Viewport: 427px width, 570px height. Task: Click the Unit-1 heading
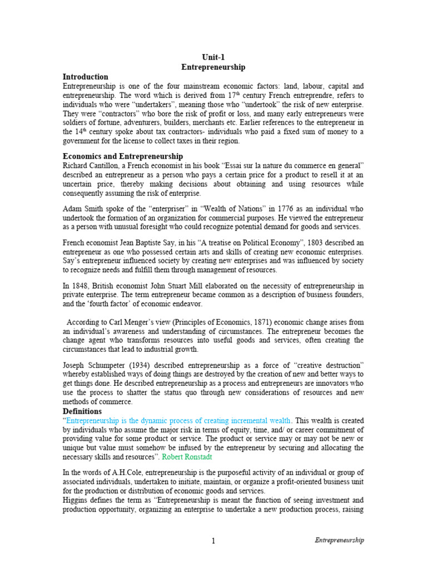(213, 57)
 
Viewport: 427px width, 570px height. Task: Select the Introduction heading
(85, 77)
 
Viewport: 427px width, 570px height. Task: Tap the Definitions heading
(82, 411)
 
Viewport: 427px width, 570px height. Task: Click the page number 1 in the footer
(213, 540)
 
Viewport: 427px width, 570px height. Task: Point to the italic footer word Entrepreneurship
(339, 540)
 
